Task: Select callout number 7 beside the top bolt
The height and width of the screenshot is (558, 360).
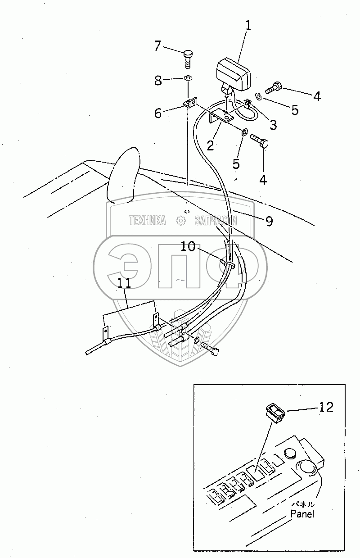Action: point(157,45)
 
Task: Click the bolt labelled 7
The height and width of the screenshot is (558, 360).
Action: point(188,59)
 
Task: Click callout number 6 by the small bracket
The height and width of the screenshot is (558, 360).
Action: point(158,113)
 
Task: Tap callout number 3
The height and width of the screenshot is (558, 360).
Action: point(274,124)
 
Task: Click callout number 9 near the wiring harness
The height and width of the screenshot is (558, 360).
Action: point(269,221)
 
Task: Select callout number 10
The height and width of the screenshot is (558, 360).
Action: point(188,246)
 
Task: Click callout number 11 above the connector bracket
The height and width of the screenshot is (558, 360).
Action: point(124,283)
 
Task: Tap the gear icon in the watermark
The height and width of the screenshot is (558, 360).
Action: point(181,220)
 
